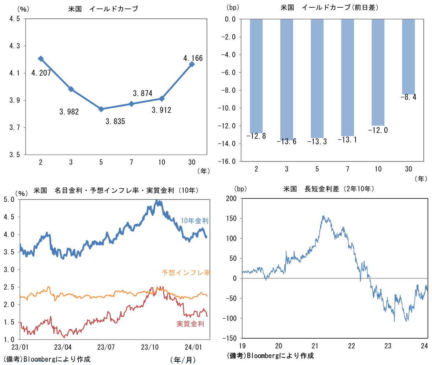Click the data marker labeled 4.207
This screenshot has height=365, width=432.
pyautogui.click(x=41, y=59)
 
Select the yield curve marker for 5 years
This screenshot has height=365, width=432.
pyautogui.click(x=101, y=109)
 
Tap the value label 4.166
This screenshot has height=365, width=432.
pyautogui.click(x=193, y=58)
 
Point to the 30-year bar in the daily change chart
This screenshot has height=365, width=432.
pyautogui.click(x=409, y=56)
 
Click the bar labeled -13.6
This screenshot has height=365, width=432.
pyautogui.click(x=287, y=79)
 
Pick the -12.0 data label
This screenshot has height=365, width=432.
pyautogui.click(x=378, y=130)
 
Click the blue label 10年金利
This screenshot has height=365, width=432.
pyautogui.click(x=194, y=221)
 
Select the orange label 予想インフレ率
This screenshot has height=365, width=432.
pyautogui.click(x=185, y=273)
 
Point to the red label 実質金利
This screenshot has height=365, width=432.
pyautogui.click(x=190, y=324)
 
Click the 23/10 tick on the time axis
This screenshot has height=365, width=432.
pyautogui.click(x=149, y=346)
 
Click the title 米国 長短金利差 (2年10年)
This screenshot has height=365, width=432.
pyautogui.click(x=328, y=189)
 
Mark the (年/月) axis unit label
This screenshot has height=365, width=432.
pyautogui.click(x=182, y=360)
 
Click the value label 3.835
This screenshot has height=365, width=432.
pyautogui.click(x=115, y=121)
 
